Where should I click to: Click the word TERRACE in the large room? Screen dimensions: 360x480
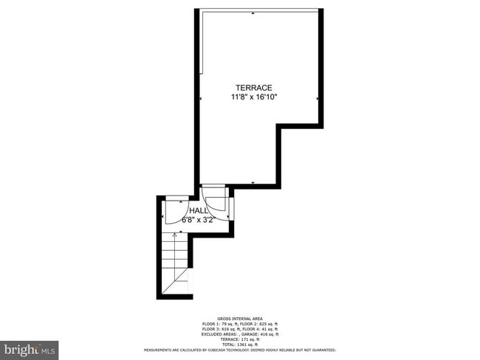pyautogui.click(x=253, y=87)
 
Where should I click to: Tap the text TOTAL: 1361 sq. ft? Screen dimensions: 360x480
pyautogui.click(x=240, y=345)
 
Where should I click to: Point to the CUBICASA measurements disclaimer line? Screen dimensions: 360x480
pyautogui.click(x=240, y=350)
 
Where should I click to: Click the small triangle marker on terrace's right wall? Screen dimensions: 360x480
pyautogui.click(x=317, y=97)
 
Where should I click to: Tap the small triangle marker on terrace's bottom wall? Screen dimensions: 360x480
pyautogui.click(x=253, y=182)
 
